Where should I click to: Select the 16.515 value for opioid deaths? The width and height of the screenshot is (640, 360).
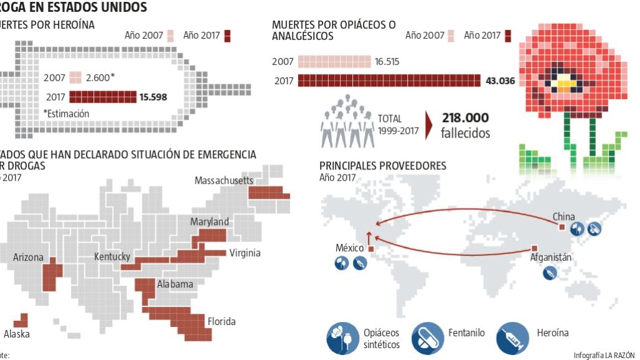[x=387, y=62]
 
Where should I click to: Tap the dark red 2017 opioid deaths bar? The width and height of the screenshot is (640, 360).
[x=389, y=80]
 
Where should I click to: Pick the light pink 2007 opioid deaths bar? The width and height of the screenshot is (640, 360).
[x=334, y=62]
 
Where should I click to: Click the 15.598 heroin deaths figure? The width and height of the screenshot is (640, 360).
[x=153, y=97]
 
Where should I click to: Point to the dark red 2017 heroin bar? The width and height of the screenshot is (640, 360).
[x=103, y=97]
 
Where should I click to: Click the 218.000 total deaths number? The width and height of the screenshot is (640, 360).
[x=465, y=118]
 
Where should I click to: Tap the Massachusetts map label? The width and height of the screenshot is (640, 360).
[x=224, y=181]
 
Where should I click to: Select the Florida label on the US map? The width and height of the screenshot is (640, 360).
[x=221, y=321]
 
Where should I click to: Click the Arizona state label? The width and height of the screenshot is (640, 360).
[x=29, y=257]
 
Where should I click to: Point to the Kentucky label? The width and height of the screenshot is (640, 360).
[x=112, y=257]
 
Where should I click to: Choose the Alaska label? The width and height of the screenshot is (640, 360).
[x=17, y=334]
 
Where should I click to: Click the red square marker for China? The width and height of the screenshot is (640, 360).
[x=562, y=227]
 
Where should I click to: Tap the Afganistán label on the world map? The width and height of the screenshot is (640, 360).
[x=550, y=257]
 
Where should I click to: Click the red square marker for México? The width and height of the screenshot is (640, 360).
[x=371, y=250]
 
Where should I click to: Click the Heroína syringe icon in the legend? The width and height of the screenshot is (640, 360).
[x=512, y=338]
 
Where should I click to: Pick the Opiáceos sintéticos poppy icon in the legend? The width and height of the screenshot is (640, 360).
[x=342, y=338]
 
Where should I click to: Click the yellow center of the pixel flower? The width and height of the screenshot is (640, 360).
[x=563, y=83]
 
